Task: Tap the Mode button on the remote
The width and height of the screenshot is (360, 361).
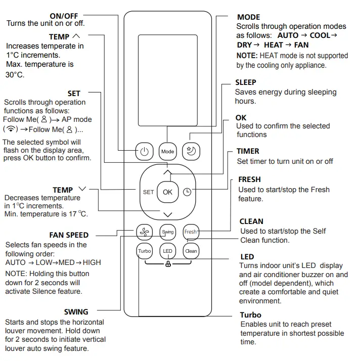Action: point(167,151)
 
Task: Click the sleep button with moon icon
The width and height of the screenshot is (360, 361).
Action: point(191,151)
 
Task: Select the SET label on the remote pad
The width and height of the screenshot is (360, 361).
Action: point(148,192)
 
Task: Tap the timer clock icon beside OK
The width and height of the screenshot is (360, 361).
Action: point(187,192)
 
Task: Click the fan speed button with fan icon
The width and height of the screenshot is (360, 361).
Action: point(145,232)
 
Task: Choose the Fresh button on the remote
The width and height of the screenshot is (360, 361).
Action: point(191,232)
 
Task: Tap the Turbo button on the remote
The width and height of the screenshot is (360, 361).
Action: point(145,251)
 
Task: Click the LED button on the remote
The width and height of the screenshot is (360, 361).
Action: point(167,251)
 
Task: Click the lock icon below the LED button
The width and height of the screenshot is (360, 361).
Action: point(167,265)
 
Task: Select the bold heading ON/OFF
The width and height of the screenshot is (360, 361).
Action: point(64,16)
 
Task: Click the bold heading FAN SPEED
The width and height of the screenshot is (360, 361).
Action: point(69,235)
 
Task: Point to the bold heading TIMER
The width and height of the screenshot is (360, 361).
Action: point(248,151)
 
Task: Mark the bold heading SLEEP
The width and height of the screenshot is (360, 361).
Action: point(246,82)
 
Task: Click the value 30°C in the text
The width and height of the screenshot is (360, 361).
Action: point(15,74)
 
